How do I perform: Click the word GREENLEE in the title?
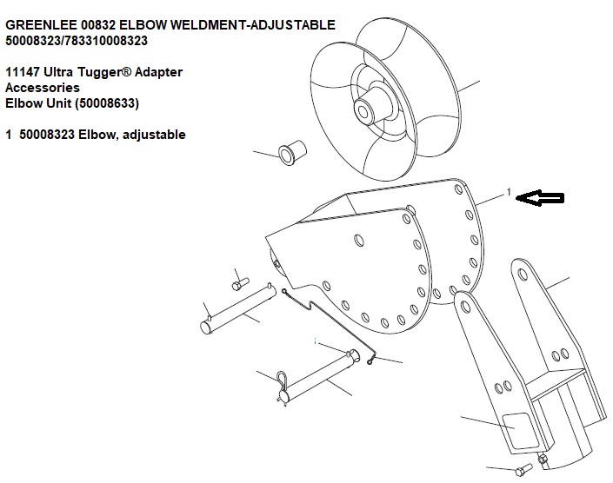point(41,25)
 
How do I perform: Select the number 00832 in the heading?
point(98,25)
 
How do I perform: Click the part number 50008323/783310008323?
point(77,41)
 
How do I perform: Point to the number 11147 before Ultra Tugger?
point(23,72)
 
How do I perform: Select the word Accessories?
point(43,88)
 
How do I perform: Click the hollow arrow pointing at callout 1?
point(540,198)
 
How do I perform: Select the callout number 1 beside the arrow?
point(509,192)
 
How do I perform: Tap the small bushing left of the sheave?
point(292,152)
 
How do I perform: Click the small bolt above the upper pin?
point(241,283)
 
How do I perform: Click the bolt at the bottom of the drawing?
point(523,470)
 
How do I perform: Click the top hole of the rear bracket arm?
point(522,275)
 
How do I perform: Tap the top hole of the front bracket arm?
point(465,307)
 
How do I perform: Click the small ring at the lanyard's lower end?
point(370,362)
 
